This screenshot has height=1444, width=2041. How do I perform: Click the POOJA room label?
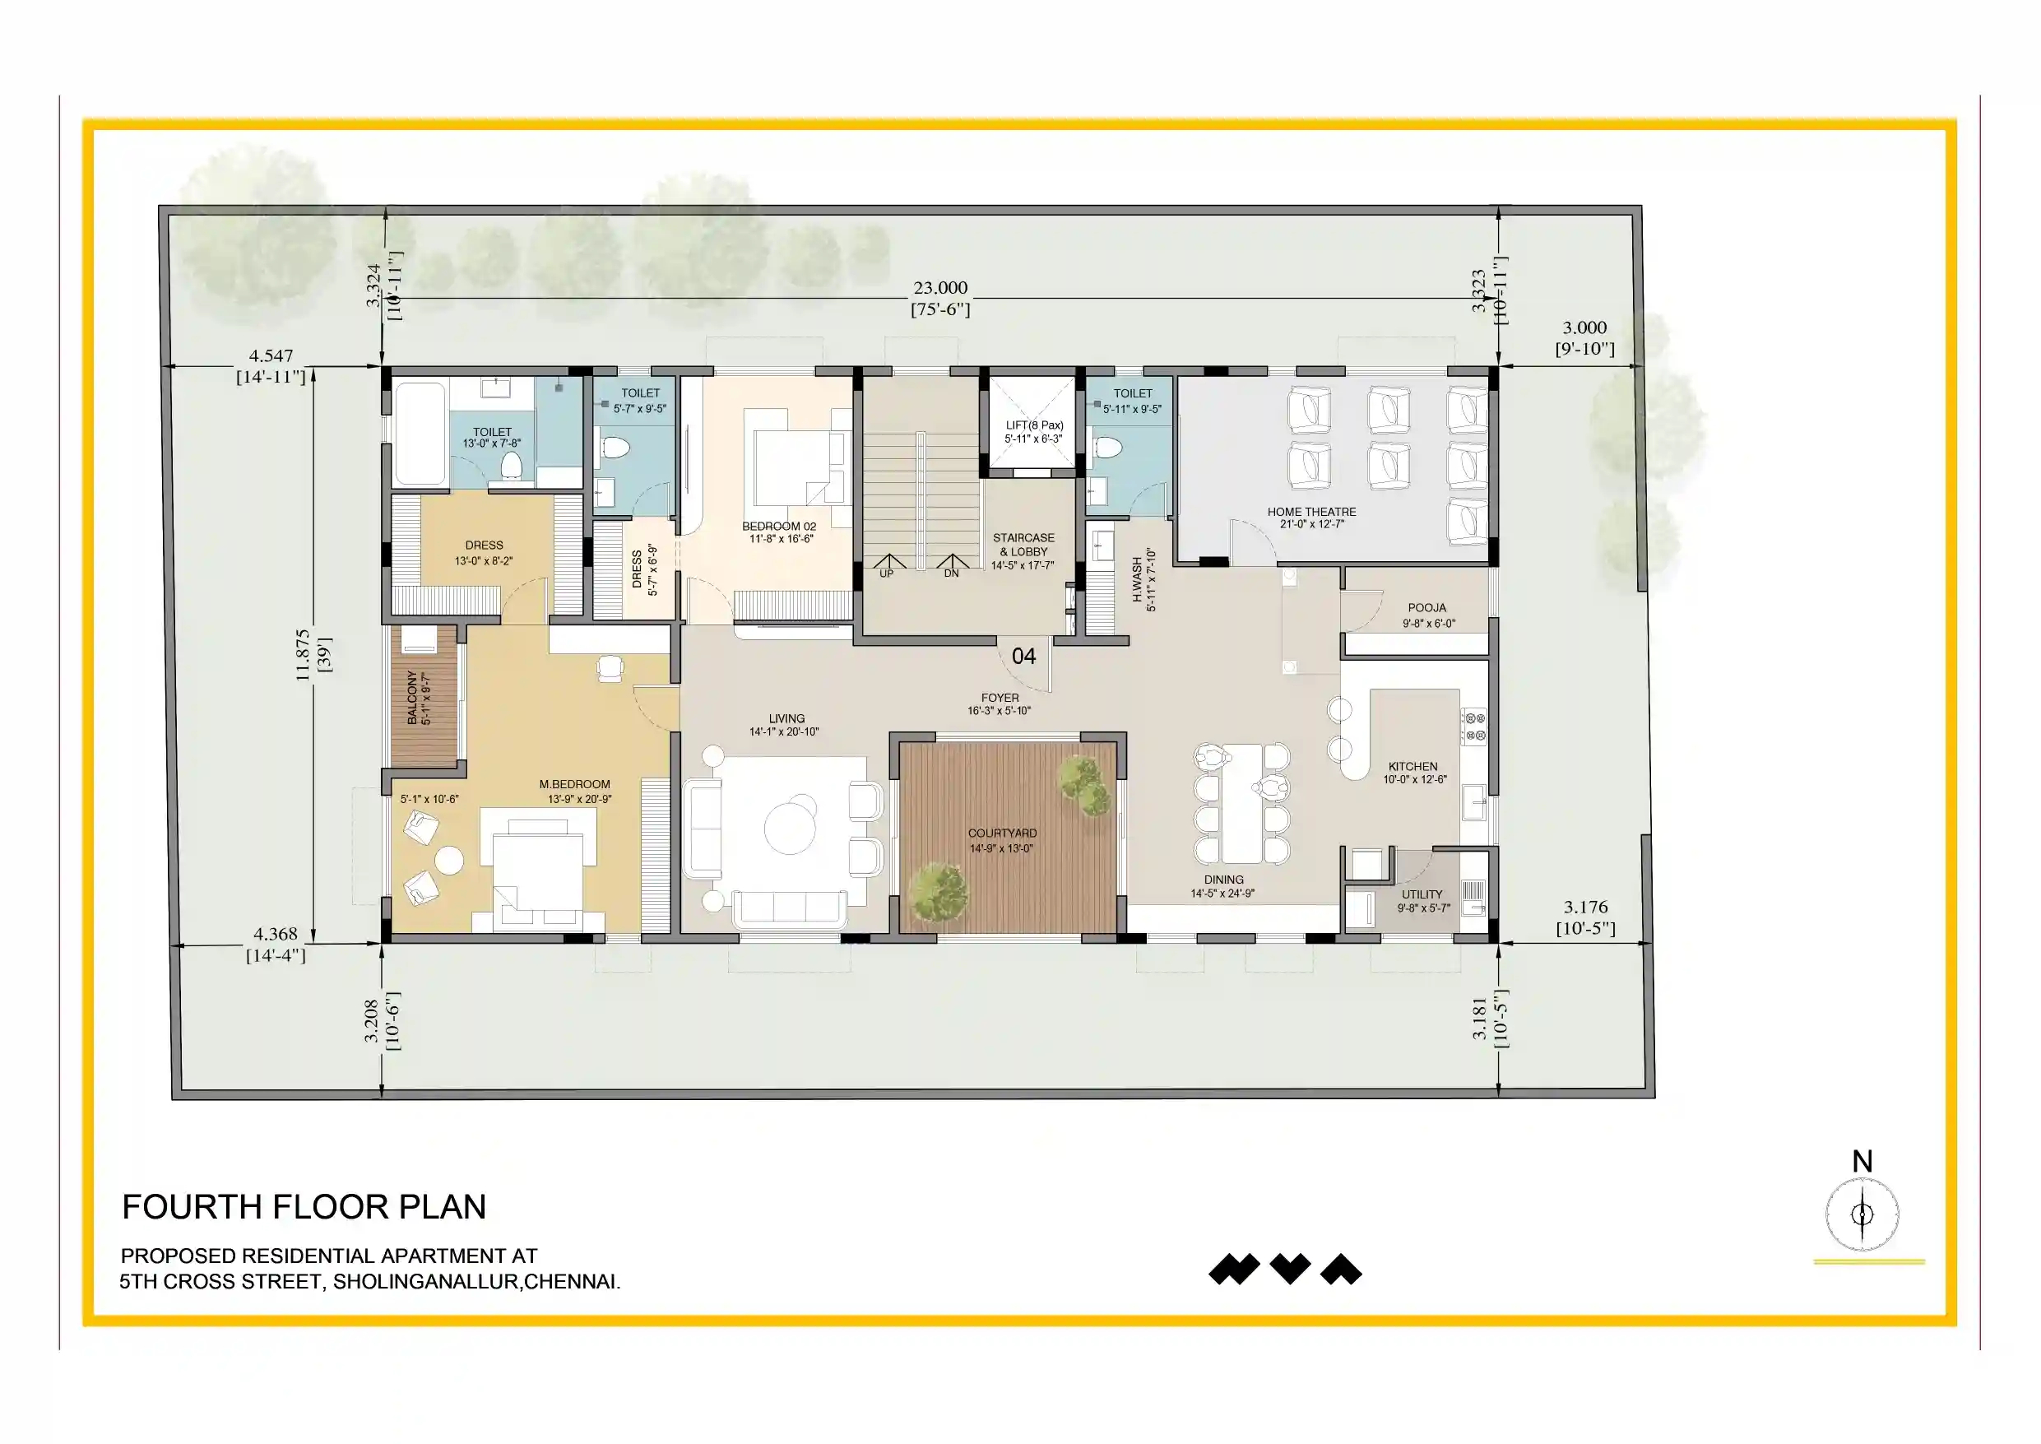[1426, 608]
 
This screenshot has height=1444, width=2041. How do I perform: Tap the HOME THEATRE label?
[1311, 511]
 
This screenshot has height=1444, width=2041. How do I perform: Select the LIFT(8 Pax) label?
[1034, 425]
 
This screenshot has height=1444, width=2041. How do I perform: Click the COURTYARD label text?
[1002, 833]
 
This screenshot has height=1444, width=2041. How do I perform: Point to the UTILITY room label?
[1422, 894]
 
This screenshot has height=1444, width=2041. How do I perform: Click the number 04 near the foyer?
[1023, 657]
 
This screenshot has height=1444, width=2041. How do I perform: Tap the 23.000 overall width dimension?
[940, 287]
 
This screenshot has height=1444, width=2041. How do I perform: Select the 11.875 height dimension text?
[302, 655]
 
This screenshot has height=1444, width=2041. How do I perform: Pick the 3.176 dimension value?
[1586, 907]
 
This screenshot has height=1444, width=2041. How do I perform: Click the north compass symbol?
[1862, 1214]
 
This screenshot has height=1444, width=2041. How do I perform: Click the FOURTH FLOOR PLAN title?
[304, 1206]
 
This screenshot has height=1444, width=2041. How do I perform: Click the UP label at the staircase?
[886, 573]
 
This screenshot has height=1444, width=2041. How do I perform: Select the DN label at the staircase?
[951, 573]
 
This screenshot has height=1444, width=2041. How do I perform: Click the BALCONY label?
[412, 698]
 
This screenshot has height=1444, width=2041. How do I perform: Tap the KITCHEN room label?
[1412, 767]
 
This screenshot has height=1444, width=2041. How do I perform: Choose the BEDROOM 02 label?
[779, 527]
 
